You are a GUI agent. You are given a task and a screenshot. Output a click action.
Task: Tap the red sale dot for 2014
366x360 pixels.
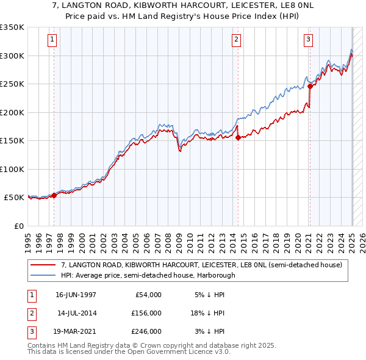point(238,137)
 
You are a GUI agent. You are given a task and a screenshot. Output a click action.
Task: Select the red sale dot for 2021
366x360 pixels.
point(310,86)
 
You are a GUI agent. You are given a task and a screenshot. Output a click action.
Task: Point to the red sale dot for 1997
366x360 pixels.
point(54,195)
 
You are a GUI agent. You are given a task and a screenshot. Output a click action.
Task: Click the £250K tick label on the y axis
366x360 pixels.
point(12,84)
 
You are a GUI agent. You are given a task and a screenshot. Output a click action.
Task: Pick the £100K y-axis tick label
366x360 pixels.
point(12,169)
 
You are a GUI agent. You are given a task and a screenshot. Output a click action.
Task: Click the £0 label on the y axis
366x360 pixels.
point(18,226)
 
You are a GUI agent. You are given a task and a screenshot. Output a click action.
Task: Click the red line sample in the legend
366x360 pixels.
point(44,265)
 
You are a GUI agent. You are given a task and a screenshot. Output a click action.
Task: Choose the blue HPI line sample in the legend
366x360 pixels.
point(44,275)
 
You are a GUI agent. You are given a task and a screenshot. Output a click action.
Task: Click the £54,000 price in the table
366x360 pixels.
point(147,294)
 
